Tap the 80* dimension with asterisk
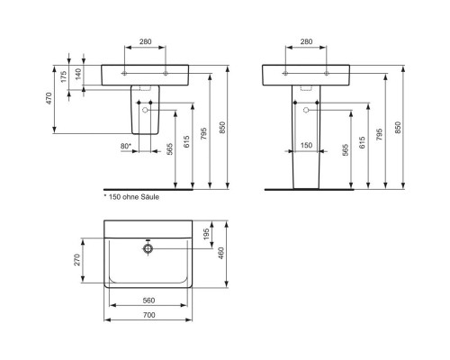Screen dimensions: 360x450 (125, 145)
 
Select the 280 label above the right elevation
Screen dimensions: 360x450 (306, 42)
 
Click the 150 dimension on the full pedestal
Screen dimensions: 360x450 (306, 145)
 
